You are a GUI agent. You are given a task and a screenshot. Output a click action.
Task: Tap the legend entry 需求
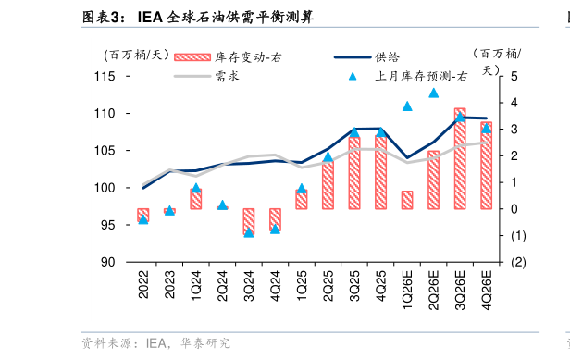coord(228,77)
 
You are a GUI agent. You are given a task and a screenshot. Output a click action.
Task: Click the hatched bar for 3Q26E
coord(460,158)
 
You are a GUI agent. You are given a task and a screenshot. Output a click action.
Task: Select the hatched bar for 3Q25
coord(354,171)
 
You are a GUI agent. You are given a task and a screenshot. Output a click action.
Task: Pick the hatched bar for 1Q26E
coord(407,200)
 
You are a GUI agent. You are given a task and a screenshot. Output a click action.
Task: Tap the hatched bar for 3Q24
coord(249,220)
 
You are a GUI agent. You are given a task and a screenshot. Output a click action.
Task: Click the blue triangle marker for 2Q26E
coord(433,93)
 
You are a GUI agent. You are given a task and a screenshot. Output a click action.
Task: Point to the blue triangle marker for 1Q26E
coord(407,106)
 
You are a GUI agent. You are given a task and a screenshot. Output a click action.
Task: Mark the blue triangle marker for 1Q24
coord(196,188)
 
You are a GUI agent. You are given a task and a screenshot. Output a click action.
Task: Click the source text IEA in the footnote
coord(156,343)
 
